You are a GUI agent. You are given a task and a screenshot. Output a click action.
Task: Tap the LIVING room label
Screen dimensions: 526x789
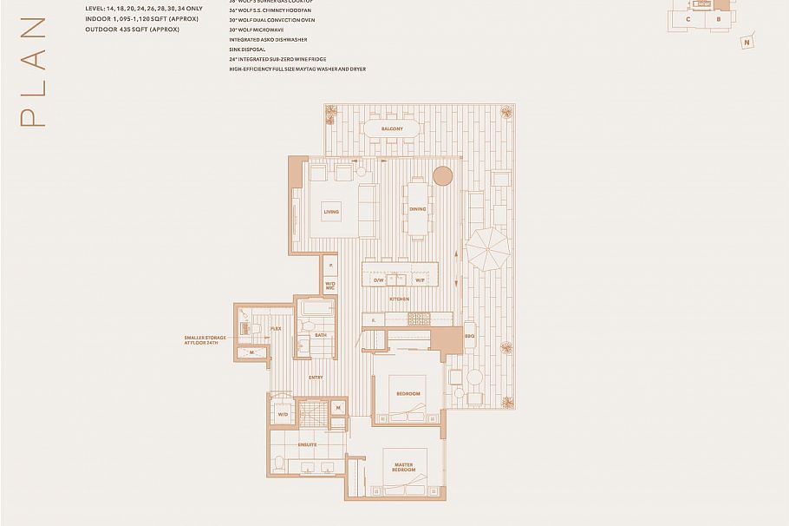331,212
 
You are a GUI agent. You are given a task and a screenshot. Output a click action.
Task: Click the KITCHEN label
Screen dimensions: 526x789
399,299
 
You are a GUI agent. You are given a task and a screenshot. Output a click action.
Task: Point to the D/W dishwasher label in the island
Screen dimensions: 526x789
379,280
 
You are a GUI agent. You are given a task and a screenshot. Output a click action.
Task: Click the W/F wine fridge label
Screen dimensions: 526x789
419,280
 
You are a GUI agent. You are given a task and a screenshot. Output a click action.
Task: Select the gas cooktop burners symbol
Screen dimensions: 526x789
419,319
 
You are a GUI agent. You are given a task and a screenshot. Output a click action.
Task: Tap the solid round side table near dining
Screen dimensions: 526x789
442,176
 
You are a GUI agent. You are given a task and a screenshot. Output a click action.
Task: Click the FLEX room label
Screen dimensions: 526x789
276,329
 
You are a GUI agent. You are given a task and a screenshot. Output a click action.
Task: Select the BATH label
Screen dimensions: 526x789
320,335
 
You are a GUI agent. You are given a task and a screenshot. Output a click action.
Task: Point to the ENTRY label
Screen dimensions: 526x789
316,377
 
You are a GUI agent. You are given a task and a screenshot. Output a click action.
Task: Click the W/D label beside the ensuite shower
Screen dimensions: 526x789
283,415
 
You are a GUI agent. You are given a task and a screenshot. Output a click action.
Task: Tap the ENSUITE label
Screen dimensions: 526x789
308,444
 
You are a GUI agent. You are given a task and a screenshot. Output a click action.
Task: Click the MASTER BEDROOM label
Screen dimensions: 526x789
402,467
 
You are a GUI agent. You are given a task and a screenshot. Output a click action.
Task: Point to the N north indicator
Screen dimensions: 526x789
746,42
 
